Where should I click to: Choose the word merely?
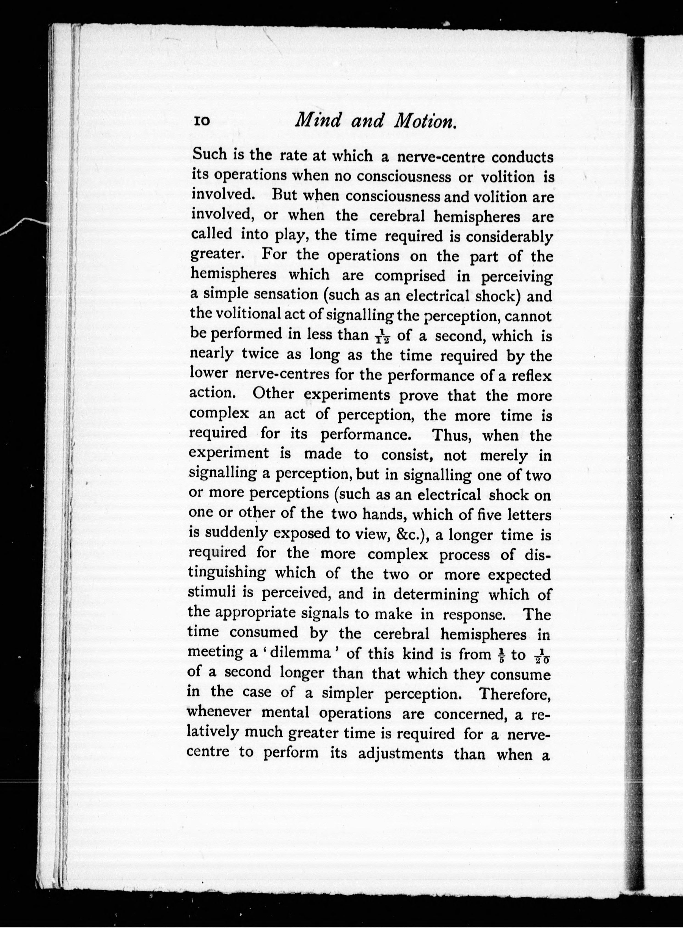click(503, 455)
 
